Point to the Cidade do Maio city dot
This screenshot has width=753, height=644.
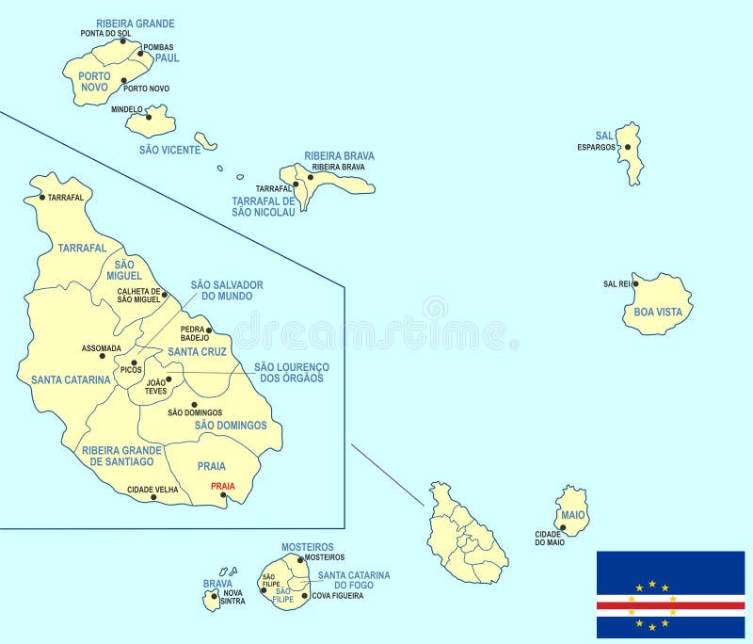pyautogui.click(x=563, y=528)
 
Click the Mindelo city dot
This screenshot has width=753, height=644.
pyautogui.click(x=149, y=117)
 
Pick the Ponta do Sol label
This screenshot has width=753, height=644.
pyautogui.click(x=105, y=34)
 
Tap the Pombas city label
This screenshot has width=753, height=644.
pyautogui.click(x=158, y=47)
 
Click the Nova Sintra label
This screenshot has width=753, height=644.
pyautogui.click(x=234, y=596)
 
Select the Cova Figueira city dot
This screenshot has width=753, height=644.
pyautogui.click(x=304, y=595)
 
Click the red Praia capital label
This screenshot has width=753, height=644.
pyautogui.click(x=223, y=486)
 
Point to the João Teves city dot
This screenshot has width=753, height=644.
pyautogui.click(x=168, y=379)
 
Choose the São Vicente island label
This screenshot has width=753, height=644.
pyautogui.click(x=169, y=150)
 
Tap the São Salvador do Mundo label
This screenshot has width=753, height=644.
pyautogui.click(x=227, y=289)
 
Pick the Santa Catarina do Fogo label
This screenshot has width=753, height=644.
pyautogui.click(x=353, y=580)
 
